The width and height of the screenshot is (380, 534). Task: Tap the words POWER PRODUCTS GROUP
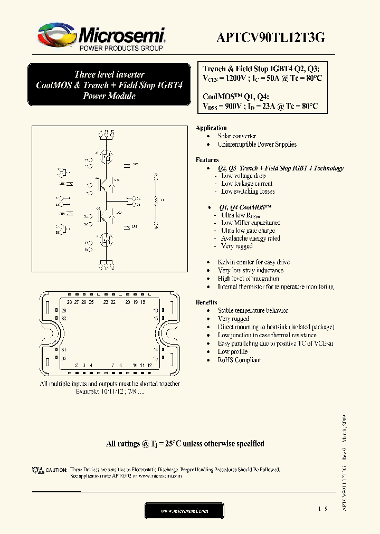point(120,49)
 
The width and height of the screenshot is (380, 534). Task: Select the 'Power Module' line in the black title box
point(109,96)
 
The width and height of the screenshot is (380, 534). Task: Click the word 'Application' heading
point(211,128)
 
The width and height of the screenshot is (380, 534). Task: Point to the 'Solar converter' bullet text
point(237,136)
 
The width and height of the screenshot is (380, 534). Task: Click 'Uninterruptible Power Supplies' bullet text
point(257,145)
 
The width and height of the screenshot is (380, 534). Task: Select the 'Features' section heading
point(207,160)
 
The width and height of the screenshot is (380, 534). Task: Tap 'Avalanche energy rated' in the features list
point(250,239)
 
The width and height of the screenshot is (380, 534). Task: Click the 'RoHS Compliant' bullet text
point(239,360)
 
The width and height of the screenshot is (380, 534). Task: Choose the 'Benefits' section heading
point(206,302)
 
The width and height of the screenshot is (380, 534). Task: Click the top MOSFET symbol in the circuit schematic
point(107,156)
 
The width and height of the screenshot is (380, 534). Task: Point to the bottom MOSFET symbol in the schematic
point(107,240)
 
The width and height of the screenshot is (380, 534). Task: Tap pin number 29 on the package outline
point(63,311)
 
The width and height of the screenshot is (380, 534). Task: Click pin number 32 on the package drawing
point(63,358)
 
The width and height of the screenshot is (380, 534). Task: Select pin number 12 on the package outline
point(150,365)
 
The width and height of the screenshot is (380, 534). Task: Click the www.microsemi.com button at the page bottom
point(184,511)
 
